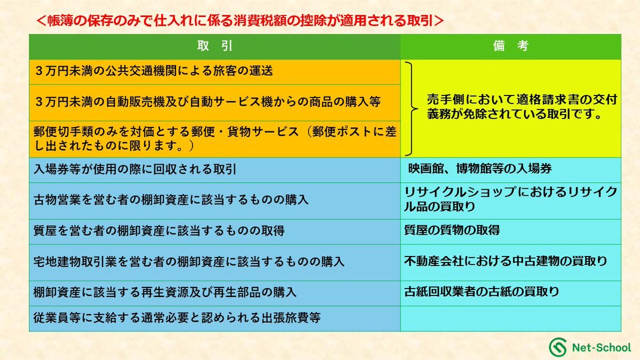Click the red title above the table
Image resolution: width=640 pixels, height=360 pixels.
click(240, 21)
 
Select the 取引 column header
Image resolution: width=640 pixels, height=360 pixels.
click(214, 46)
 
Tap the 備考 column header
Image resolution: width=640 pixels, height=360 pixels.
click(511, 46)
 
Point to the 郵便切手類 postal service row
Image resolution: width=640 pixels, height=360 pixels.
click(215, 139)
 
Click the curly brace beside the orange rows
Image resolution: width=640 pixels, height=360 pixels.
click(412, 109)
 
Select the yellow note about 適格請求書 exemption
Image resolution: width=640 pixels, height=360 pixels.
click(522, 107)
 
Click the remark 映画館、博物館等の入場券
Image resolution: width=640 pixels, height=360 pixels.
click(480, 169)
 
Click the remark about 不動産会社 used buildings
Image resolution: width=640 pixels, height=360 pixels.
click(506, 261)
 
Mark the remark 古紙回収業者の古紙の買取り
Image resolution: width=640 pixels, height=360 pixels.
click(482, 292)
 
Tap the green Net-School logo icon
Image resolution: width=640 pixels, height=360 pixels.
click(558, 347)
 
